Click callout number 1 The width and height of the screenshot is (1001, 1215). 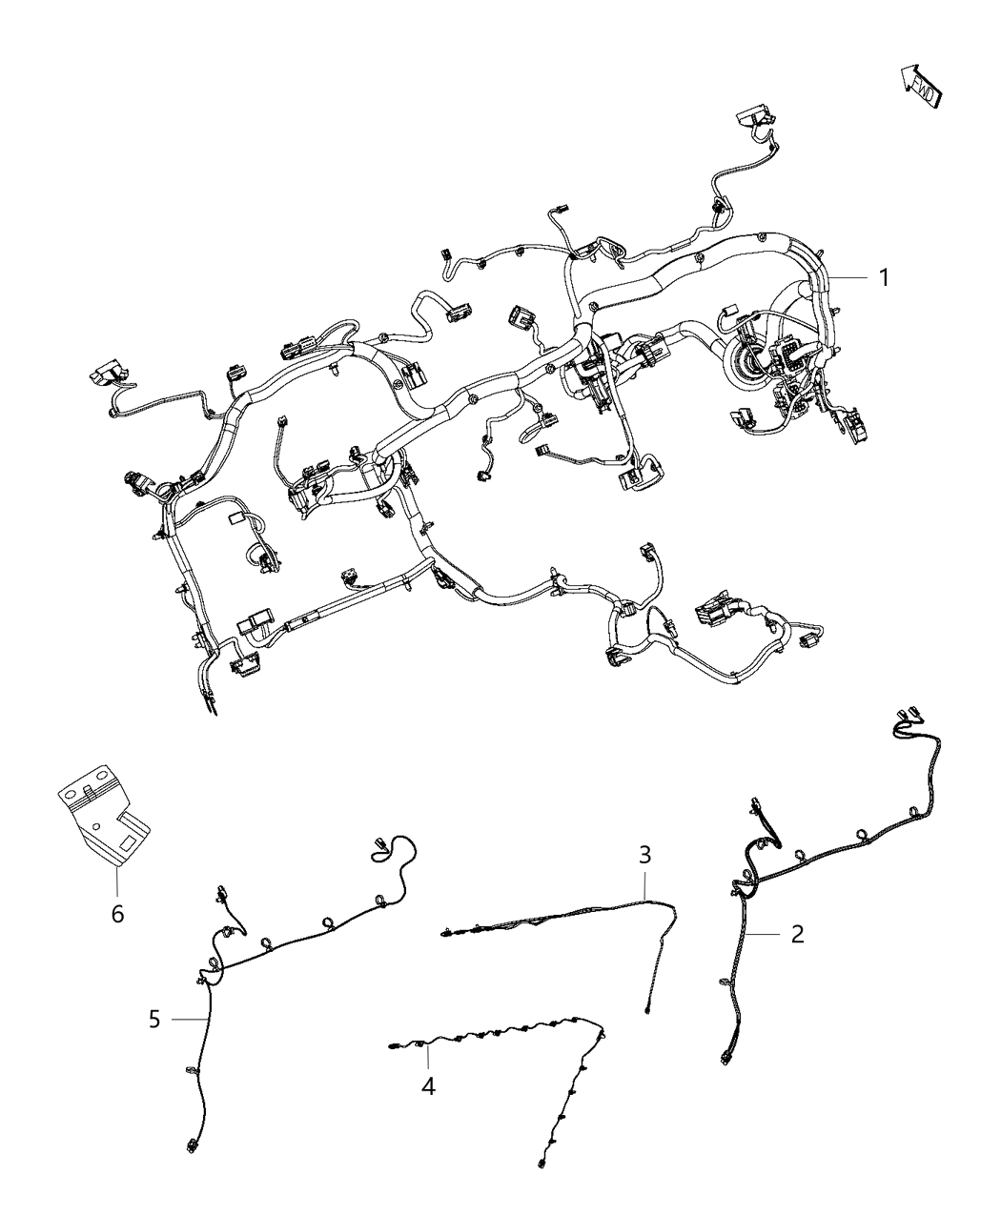tap(884, 278)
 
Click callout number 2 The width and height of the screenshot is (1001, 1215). tap(798, 934)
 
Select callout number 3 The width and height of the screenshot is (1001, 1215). tap(645, 854)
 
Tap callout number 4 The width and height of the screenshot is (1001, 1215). tap(429, 1085)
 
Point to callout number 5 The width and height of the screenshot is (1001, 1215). tap(155, 1019)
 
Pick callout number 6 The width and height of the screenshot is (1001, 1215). tap(117, 914)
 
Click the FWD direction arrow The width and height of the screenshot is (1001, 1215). tap(921, 85)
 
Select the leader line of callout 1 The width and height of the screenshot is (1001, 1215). tap(848, 278)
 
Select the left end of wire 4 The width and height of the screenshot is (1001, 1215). tap(393, 1049)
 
